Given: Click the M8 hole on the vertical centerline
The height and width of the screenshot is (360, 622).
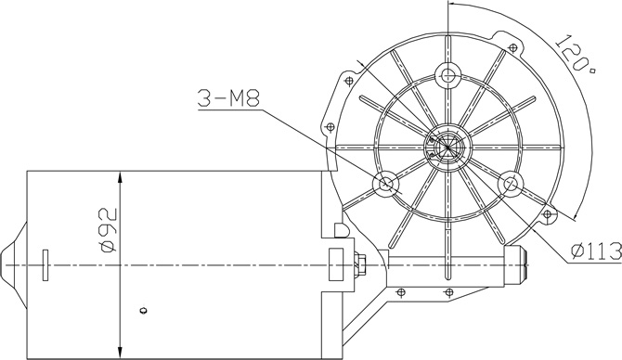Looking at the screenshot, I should tap(448, 74).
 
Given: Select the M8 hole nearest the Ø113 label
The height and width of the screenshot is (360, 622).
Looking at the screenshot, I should tap(510, 183).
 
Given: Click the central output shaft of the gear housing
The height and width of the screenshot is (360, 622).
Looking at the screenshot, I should tap(448, 147).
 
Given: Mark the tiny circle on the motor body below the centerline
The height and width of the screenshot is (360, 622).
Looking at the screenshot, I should tap(142, 310).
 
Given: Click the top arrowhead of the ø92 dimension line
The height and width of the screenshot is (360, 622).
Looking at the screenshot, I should tap(119, 176).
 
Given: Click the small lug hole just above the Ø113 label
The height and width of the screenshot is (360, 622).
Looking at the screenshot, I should tap(551, 216).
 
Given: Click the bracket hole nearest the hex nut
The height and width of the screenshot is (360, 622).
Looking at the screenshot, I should tap(401, 293).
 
